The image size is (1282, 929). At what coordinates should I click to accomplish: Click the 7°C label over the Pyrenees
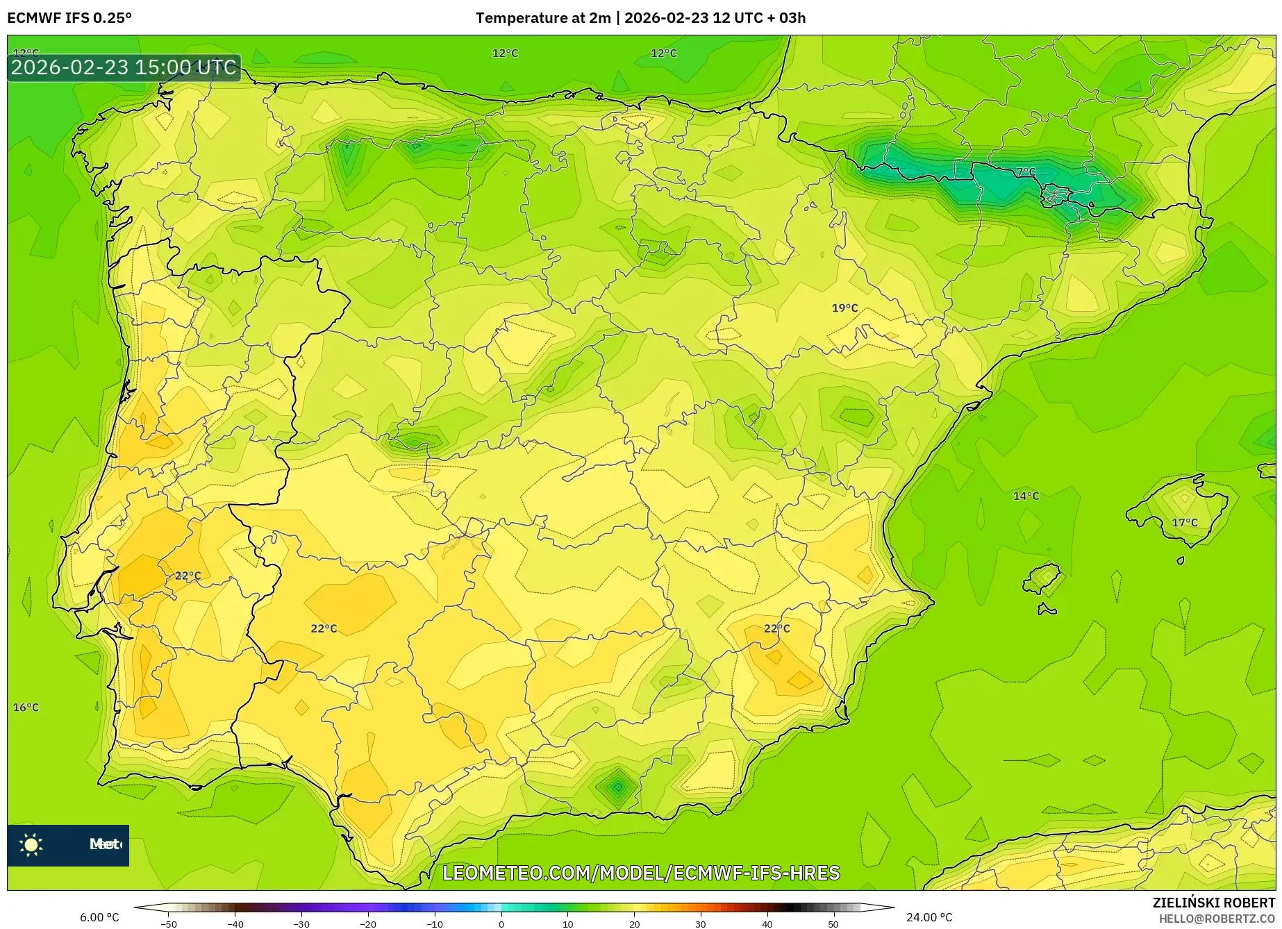click(1026, 171)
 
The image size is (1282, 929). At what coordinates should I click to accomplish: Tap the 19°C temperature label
click(844, 308)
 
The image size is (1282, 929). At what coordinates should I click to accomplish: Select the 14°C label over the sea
click(1026, 496)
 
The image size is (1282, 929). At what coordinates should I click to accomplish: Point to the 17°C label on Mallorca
click(1184, 522)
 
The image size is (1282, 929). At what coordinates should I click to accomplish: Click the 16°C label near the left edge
click(26, 707)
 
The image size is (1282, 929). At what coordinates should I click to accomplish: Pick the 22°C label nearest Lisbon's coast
click(188, 576)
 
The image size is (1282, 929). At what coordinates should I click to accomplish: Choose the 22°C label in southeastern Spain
click(776, 628)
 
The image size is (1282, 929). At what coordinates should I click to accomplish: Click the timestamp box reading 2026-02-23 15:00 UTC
click(124, 67)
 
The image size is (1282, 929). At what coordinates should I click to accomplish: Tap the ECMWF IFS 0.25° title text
click(69, 18)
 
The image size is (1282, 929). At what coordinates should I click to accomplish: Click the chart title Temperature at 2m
click(542, 18)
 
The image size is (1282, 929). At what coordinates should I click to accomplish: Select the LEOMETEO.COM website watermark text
click(641, 873)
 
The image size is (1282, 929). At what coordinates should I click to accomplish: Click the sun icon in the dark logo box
click(31, 844)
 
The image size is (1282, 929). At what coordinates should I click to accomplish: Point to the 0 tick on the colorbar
click(501, 923)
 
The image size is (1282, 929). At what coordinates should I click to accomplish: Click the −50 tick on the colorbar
click(169, 923)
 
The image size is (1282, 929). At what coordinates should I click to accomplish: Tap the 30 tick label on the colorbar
click(700, 923)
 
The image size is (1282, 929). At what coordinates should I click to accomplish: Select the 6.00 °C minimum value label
click(99, 917)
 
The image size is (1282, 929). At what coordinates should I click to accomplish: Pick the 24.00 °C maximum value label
click(929, 917)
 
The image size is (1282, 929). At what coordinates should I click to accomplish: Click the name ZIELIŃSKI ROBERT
click(1213, 903)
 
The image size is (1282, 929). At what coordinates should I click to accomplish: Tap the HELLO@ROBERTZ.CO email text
click(1216, 919)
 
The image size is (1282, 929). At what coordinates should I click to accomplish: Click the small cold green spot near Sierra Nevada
click(617, 787)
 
